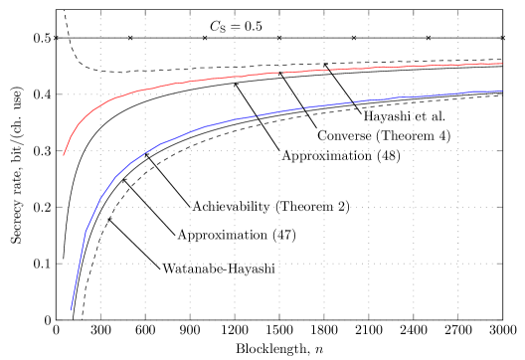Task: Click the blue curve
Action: pyautogui.click(x=249, y=116)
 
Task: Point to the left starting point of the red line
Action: pyautogui.click(x=64, y=155)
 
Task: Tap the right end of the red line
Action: pyautogui.click(x=501, y=64)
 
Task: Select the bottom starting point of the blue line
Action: pyautogui.click(x=71, y=310)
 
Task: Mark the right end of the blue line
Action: pyautogui.click(x=501, y=91)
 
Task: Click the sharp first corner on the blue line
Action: pyautogui.click(x=86, y=232)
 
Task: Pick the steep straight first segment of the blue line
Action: pyautogui.click(x=79, y=270)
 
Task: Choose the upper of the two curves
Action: pyautogui.click(x=298, y=72)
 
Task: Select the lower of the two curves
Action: pyautogui.click(x=298, y=108)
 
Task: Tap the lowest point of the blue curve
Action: pyautogui.click(x=71, y=310)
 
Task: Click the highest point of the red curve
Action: pyautogui.click(x=501, y=64)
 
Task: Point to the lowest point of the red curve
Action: pyautogui.click(x=64, y=155)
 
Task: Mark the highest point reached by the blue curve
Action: pyautogui.click(x=500, y=91)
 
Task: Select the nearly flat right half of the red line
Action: pyautogui.click(x=398, y=68)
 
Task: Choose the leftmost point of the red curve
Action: pyautogui.click(x=64, y=155)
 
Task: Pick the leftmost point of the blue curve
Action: pyautogui.click(x=71, y=310)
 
